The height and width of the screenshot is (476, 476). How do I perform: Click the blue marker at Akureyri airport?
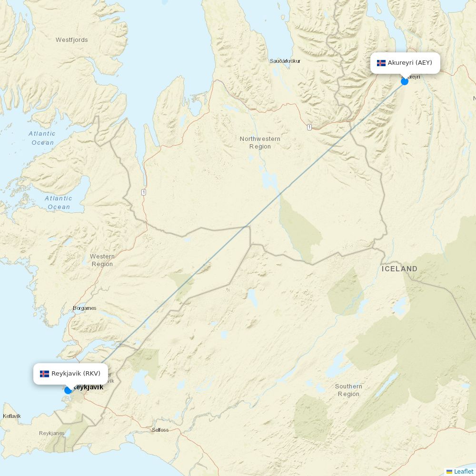[405, 81]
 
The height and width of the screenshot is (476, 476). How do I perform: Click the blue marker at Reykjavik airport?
[68, 390]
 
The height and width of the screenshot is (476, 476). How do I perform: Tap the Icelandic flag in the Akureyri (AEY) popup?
[381, 63]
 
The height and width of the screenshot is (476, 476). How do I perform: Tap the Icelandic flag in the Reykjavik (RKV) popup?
[44, 374]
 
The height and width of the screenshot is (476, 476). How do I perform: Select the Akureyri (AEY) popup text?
[410, 63]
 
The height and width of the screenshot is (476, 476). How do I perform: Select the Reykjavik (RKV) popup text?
[76, 374]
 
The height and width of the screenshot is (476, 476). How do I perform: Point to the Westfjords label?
[72, 40]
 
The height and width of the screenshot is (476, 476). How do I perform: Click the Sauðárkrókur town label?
[285, 61]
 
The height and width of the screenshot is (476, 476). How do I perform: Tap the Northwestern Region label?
[260, 143]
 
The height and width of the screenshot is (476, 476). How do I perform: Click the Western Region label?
[102, 260]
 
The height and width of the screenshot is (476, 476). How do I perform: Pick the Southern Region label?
[348, 390]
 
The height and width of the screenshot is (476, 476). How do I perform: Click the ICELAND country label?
[399, 269]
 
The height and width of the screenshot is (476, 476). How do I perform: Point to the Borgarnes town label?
[85, 308]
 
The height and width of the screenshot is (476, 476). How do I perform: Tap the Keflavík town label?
[12, 416]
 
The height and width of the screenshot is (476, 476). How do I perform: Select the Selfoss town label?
[160, 430]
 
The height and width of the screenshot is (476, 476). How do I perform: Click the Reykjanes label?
[51, 433]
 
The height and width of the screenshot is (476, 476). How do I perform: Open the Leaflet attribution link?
[463, 471]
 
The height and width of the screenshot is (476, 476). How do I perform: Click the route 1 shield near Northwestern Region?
[309, 127]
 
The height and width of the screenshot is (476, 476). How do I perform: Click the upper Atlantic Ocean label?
[42, 138]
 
